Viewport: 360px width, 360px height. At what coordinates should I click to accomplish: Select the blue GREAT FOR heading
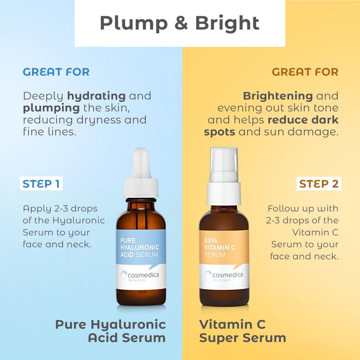point(56,72)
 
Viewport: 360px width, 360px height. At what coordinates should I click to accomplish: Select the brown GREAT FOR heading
point(305,72)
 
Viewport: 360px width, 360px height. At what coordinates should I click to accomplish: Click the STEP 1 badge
point(41,184)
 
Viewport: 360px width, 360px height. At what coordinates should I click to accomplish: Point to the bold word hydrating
point(96,96)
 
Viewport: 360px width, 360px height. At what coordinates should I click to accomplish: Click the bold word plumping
point(51,108)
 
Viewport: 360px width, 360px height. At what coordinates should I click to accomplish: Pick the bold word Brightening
point(278,96)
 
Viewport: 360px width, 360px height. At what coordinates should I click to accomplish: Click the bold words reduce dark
point(303,120)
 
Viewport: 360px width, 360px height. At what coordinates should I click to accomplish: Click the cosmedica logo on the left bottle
point(141,274)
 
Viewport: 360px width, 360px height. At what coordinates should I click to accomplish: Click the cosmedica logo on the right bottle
point(224,274)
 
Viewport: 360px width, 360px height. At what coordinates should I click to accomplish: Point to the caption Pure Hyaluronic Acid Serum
point(110,331)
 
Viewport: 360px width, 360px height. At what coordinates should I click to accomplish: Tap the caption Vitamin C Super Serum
point(243,331)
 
